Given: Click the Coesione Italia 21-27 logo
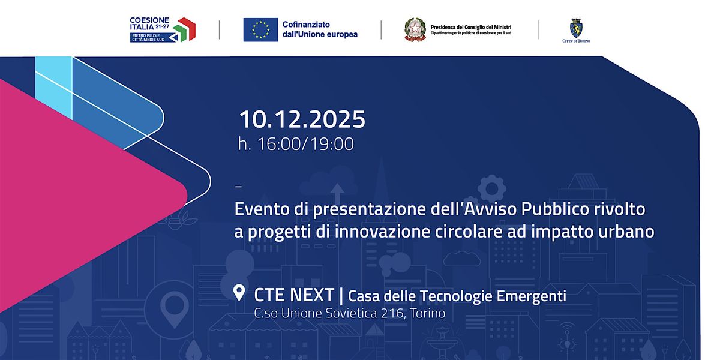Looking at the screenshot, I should coord(163,29).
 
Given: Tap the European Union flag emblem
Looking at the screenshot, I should coord(260,29).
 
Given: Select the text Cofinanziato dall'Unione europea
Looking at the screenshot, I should coord(320,29).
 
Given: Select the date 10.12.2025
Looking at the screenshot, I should coord(302,119).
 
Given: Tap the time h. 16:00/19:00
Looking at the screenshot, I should coord(296,144).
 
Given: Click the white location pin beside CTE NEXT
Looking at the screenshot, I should coord(239,293).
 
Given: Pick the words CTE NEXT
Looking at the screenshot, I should coord(294,295).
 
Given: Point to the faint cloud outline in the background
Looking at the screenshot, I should coord(470,259).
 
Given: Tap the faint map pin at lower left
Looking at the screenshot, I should coord(174,309).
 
